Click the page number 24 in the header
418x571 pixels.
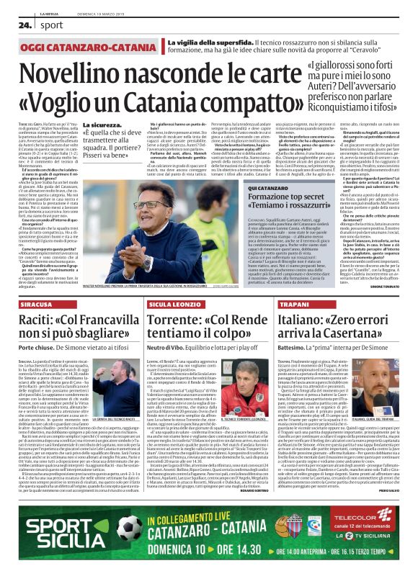coord(23,24)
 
